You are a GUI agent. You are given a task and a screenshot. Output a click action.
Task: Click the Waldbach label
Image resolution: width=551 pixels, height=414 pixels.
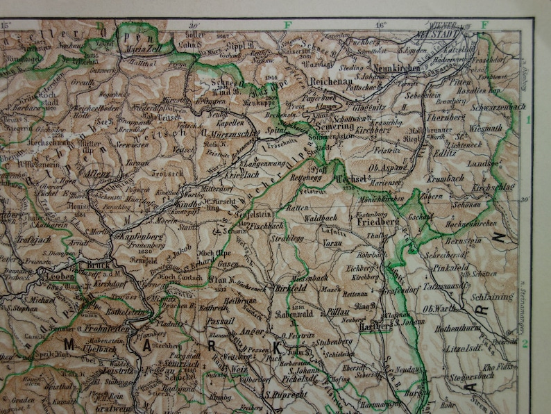(320, 217)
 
